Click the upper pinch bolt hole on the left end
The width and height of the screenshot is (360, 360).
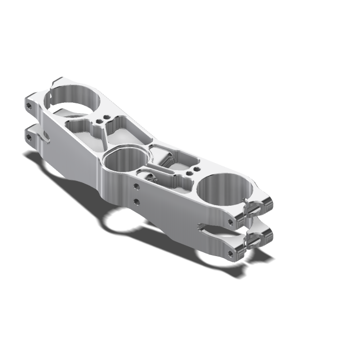coord(29,106)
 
